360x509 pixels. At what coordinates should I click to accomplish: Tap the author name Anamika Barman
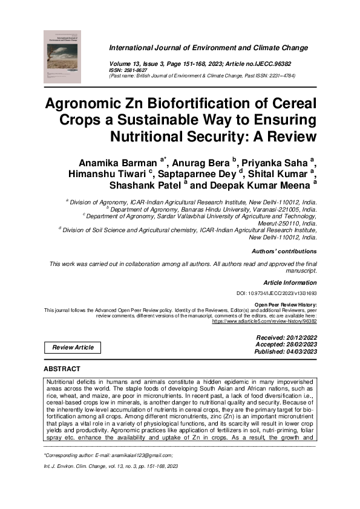point(117,163)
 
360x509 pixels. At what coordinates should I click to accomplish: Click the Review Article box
point(73,347)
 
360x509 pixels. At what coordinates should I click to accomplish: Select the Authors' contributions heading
point(283,251)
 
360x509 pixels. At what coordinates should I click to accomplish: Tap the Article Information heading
point(290,282)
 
